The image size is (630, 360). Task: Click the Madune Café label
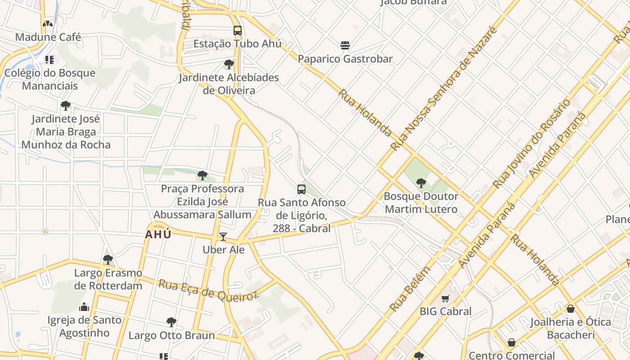(x=48, y=37)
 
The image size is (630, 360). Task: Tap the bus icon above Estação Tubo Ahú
(x=237, y=31)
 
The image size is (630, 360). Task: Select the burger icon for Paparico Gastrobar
(x=345, y=45)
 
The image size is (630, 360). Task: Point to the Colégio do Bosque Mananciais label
(x=50, y=79)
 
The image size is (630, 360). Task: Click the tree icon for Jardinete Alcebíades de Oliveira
(x=229, y=64)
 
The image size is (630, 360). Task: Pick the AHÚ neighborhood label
(x=158, y=234)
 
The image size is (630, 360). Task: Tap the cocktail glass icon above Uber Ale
(x=223, y=237)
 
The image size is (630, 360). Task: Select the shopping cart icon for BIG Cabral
(x=445, y=298)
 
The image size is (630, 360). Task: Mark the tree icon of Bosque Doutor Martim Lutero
(x=421, y=183)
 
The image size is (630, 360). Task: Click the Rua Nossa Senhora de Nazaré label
(x=444, y=89)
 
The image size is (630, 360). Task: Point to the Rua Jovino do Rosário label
(x=531, y=144)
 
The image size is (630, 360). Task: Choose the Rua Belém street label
(x=409, y=289)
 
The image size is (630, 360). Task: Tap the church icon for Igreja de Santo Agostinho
(x=84, y=307)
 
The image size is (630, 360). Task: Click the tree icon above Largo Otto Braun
(x=171, y=322)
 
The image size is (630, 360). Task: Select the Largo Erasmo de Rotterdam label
(x=108, y=279)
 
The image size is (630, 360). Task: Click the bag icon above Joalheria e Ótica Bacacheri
(x=570, y=309)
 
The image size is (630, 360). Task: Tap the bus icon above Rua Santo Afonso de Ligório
(x=301, y=189)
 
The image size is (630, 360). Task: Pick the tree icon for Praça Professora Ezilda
(x=202, y=175)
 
